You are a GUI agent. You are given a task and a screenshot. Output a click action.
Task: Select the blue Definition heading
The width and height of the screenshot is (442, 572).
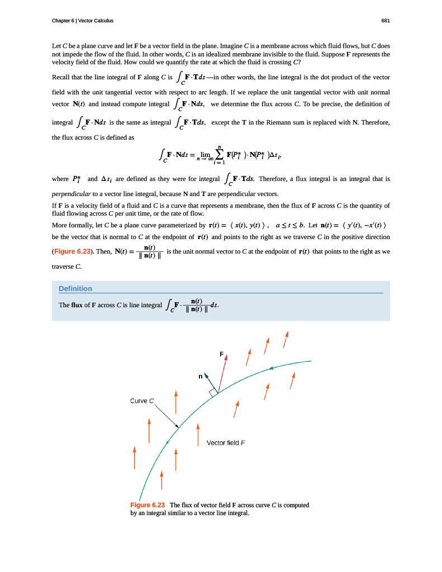coord(75,288)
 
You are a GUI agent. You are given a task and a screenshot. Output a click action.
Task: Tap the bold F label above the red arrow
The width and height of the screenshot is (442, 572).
coord(222,354)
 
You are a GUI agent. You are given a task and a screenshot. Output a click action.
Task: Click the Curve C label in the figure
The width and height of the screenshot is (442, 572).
coord(141,401)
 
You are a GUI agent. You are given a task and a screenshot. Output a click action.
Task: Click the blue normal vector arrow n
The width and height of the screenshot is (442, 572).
coord(209,382)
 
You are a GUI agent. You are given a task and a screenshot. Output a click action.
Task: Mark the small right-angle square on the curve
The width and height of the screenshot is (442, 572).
coord(213,393)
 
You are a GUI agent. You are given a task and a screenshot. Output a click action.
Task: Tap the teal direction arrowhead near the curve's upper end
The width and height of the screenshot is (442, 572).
coord(271,368)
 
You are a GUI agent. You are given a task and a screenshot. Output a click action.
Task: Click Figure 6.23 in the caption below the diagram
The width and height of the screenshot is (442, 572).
coord(148,504)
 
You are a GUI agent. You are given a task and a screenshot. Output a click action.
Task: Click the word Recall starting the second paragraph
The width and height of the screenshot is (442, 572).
coord(61,77)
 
